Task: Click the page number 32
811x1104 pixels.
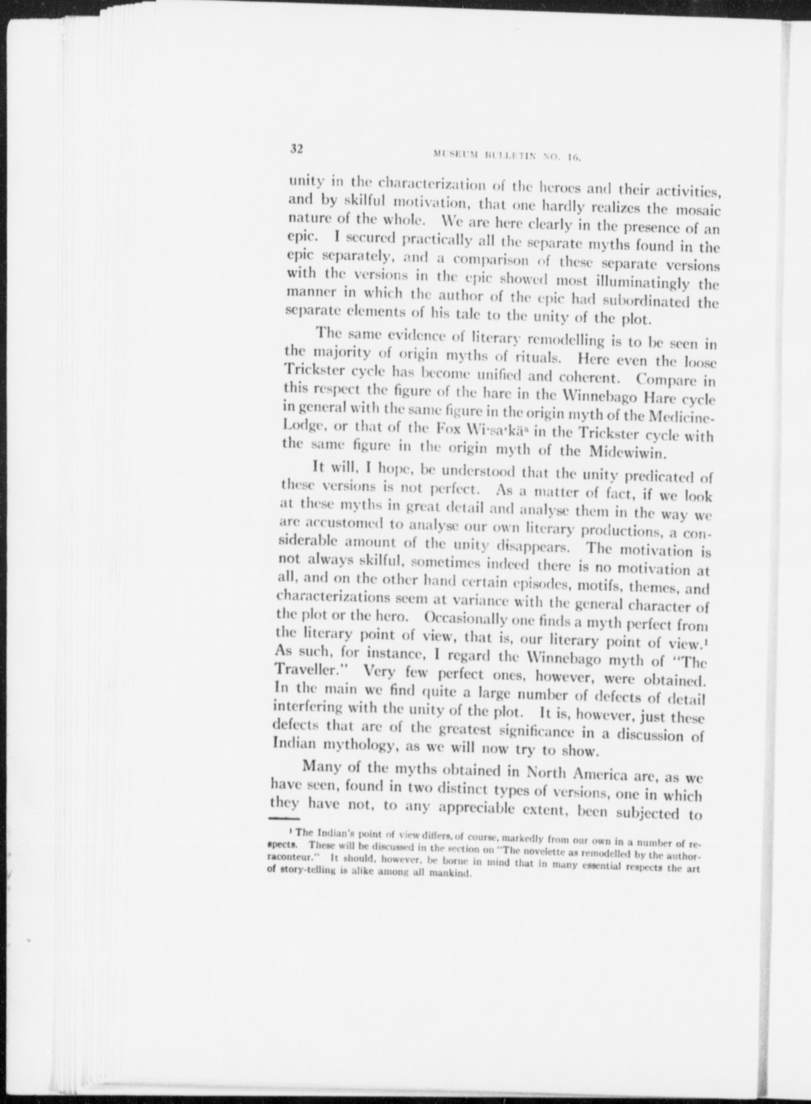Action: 296,149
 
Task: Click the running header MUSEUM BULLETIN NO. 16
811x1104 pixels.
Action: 507,156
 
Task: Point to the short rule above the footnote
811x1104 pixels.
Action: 283,818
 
